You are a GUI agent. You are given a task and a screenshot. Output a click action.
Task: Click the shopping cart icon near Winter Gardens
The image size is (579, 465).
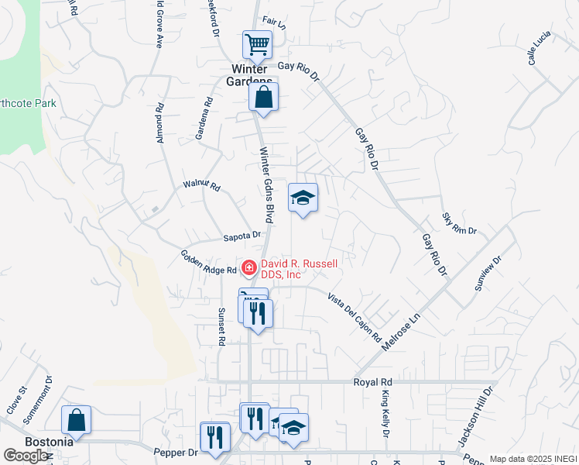(x=257, y=44)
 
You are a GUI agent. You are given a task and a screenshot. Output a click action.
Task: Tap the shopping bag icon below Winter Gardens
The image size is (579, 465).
(x=263, y=98)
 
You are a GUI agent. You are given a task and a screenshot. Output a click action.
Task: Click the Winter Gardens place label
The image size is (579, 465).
(x=252, y=74)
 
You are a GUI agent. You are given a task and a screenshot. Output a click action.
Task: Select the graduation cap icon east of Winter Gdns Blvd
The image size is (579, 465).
(x=303, y=198)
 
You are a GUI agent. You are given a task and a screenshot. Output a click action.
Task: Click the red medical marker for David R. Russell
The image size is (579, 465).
(x=249, y=269)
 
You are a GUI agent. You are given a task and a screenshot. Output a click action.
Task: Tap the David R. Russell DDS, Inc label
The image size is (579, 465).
(x=300, y=269)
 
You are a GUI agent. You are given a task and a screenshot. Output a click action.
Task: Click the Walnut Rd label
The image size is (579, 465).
(x=202, y=186)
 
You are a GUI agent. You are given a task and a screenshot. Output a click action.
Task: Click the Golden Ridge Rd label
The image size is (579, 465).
(x=208, y=263)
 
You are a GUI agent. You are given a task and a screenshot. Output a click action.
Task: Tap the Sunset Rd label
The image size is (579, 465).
(x=221, y=325)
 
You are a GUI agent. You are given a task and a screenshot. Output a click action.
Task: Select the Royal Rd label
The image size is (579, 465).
(x=373, y=382)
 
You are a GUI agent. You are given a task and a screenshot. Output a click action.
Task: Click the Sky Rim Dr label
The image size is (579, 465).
(x=460, y=224)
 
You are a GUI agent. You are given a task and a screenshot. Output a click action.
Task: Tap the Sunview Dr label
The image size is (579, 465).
(x=488, y=274)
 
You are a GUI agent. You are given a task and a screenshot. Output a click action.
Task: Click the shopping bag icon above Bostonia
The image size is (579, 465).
(x=76, y=420)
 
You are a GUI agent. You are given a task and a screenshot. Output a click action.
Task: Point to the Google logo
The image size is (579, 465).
(x=26, y=456)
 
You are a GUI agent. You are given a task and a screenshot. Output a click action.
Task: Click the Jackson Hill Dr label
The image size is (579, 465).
(x=475, y=417)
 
